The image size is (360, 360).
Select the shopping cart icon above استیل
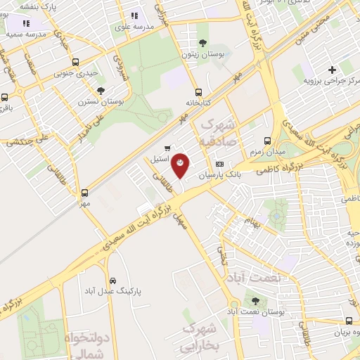click(167, 148)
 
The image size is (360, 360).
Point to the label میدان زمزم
click(266, 151)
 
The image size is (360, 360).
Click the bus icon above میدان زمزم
click(266, 141)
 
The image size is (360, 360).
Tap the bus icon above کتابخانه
click(199, 91)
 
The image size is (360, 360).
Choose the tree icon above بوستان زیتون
click(204, 43)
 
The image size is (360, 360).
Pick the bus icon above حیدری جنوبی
click(75, 61)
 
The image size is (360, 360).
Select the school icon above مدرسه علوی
click(134, 15)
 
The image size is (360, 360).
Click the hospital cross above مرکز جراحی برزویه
click(333, 69)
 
